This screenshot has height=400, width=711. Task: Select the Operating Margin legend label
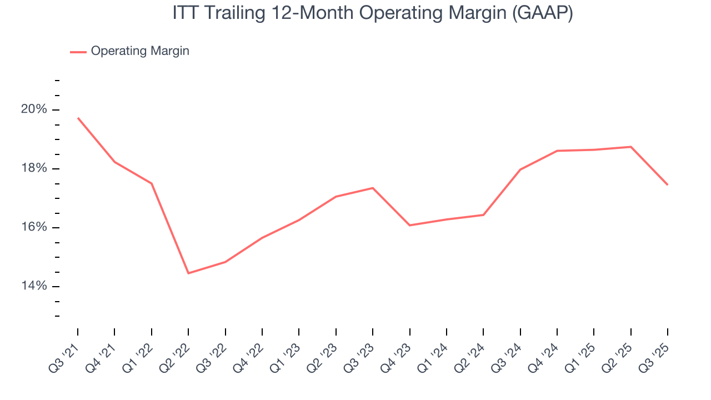[140, 51]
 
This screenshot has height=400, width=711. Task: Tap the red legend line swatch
[78, 52]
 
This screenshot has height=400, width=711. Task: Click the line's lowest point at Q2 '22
[188, 273]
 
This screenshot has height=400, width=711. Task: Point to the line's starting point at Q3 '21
[78, 118]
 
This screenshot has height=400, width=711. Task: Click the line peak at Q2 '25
[631, 147]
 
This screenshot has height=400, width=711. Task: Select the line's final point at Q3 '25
[667, 184]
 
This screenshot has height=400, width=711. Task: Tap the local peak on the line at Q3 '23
[373, 188]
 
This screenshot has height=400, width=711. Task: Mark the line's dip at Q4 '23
[409, 225]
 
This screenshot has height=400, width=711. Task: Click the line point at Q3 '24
[520, 169]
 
